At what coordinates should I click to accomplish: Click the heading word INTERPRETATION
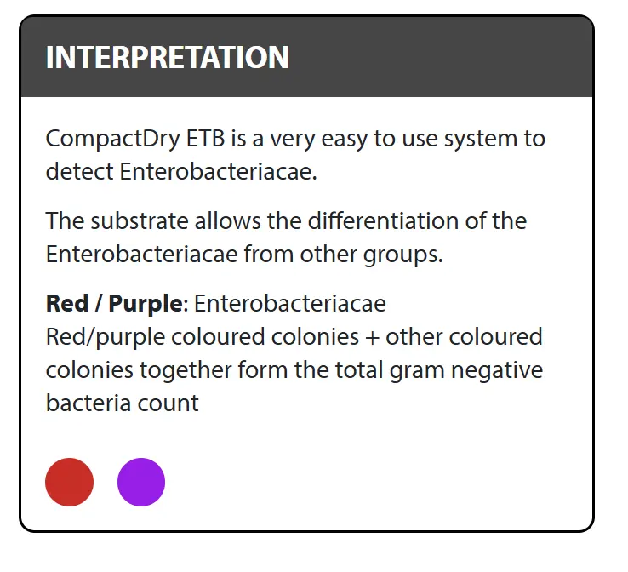[167, 57]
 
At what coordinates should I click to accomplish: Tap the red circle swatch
[69, 482]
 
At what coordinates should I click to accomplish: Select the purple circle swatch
[141, 482]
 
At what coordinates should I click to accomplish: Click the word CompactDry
[113, 140]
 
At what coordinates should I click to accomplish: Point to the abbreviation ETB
[206, 139]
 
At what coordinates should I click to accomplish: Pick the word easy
[345, 140]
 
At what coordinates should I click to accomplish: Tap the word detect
[80, 171]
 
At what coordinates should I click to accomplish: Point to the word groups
[402, 255]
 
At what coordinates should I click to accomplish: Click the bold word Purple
[146, 304]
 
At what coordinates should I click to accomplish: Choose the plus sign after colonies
[372, 337]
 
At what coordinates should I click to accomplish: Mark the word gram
[417, 371]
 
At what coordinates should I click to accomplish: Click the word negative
[497, 370]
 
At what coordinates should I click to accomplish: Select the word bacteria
[88, 403]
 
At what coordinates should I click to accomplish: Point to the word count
[168, 403]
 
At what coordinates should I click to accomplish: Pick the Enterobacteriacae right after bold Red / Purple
[290, 303]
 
